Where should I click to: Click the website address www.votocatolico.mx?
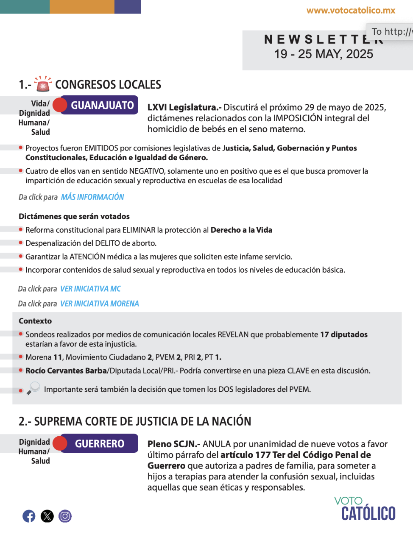click(351, 11)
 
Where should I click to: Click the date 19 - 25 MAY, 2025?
click(324, 54)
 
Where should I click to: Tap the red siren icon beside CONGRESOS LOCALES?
click(42, 84)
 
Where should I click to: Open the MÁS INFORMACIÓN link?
click(92, 197)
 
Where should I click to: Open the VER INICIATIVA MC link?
click(90, 289)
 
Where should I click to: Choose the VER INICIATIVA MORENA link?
click(100, 304)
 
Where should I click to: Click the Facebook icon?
click(29, 516)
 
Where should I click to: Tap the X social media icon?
click(47, 516)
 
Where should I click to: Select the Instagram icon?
click(65, 516)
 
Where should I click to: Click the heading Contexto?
click(35, 321)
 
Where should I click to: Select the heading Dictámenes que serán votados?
click(74, 216)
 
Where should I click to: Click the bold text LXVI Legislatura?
click(184, 107)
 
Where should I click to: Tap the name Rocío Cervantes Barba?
click(66, 371)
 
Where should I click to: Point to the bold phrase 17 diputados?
click(343, 334)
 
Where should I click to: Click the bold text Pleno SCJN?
click(174, 444)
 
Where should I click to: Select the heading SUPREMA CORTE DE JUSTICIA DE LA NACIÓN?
click(135, 421)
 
